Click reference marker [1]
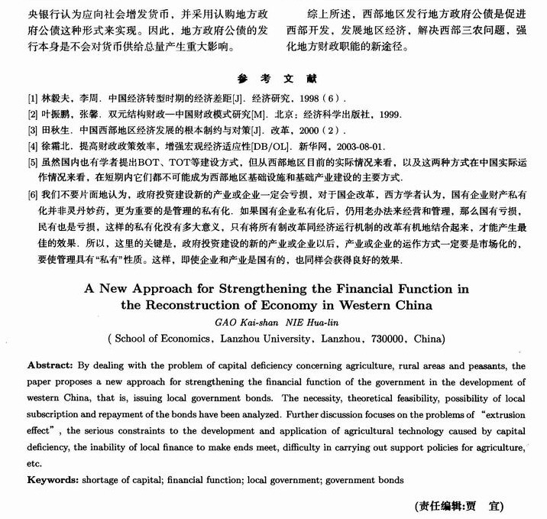32,99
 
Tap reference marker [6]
32,195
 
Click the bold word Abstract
50,366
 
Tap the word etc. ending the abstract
34,463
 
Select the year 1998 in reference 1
311,99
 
